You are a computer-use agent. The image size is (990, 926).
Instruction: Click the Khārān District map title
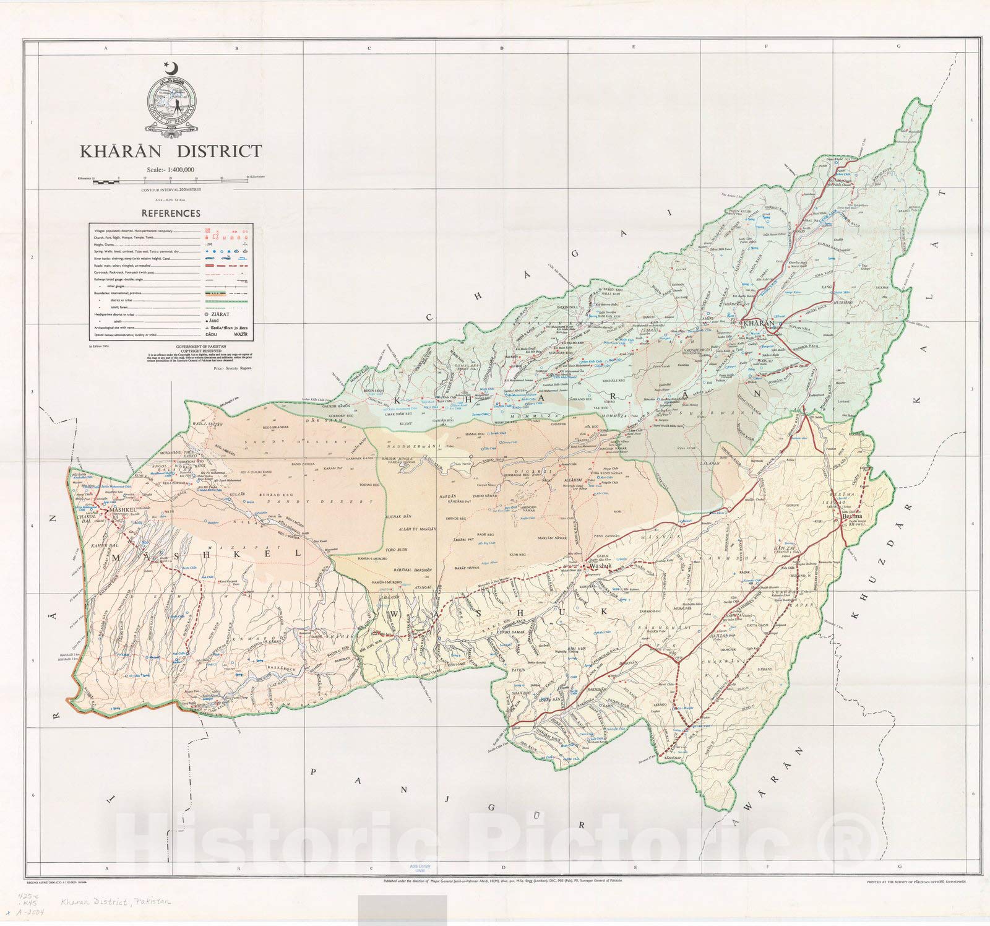170,151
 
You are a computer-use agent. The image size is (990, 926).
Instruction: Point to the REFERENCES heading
171,214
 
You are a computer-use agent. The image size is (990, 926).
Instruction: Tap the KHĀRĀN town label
758,324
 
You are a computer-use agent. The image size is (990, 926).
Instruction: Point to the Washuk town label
600,566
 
